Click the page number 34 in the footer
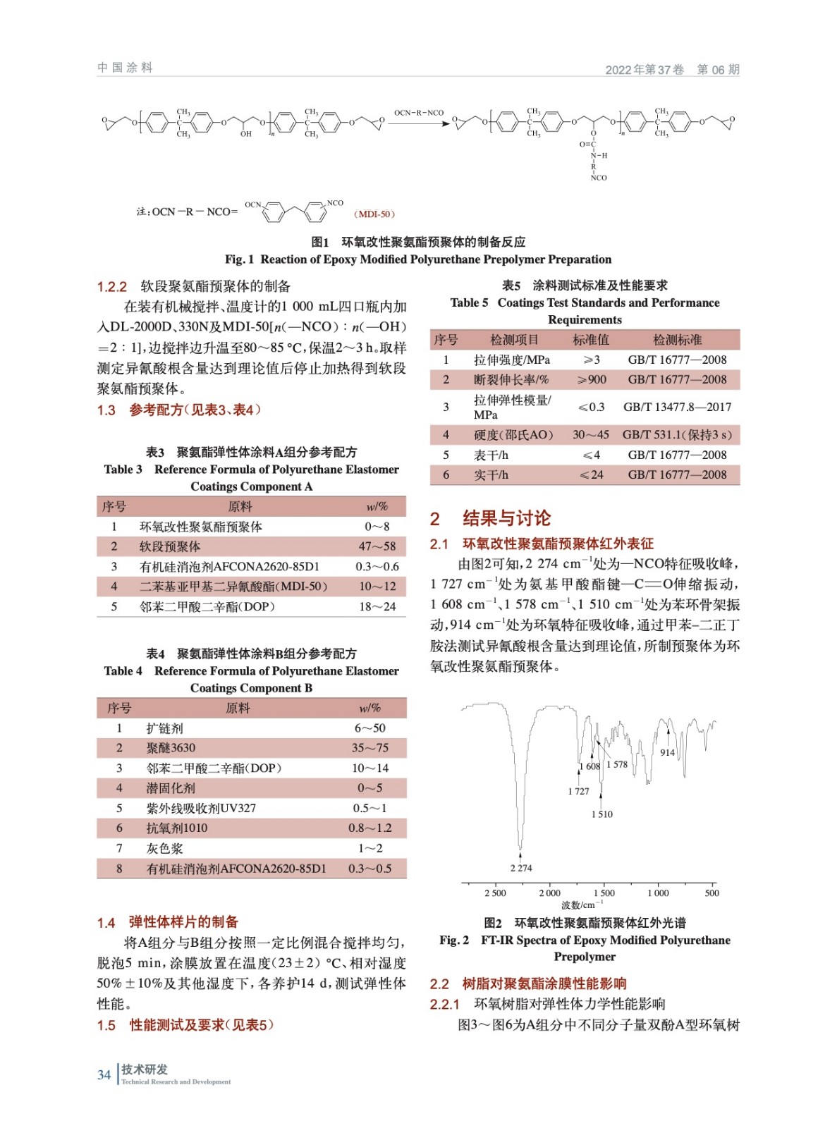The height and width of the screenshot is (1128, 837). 104,1074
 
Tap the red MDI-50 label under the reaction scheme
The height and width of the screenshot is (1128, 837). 374,214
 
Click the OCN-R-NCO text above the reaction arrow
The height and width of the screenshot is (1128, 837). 419,113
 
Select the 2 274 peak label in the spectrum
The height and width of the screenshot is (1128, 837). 521,868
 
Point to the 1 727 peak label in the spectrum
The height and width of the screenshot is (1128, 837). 578,791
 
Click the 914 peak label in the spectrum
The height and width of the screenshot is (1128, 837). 667,752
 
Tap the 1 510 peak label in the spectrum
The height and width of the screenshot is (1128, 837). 602,814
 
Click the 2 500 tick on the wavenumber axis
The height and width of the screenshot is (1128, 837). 495,893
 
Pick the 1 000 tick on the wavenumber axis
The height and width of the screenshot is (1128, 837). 658,893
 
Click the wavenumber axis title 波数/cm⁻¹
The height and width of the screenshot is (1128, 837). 582,905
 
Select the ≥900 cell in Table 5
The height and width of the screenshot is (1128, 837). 592,380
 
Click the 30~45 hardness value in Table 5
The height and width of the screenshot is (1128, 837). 591,435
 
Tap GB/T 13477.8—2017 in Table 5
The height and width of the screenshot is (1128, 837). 677,407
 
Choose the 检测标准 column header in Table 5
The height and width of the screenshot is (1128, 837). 677,340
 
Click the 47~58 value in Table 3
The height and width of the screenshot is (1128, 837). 377,546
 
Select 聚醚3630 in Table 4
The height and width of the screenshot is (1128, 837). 171,748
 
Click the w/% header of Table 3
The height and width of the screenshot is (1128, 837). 377,506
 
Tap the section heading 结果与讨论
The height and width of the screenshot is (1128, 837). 506,519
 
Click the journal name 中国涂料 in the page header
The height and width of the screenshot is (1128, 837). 125,68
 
